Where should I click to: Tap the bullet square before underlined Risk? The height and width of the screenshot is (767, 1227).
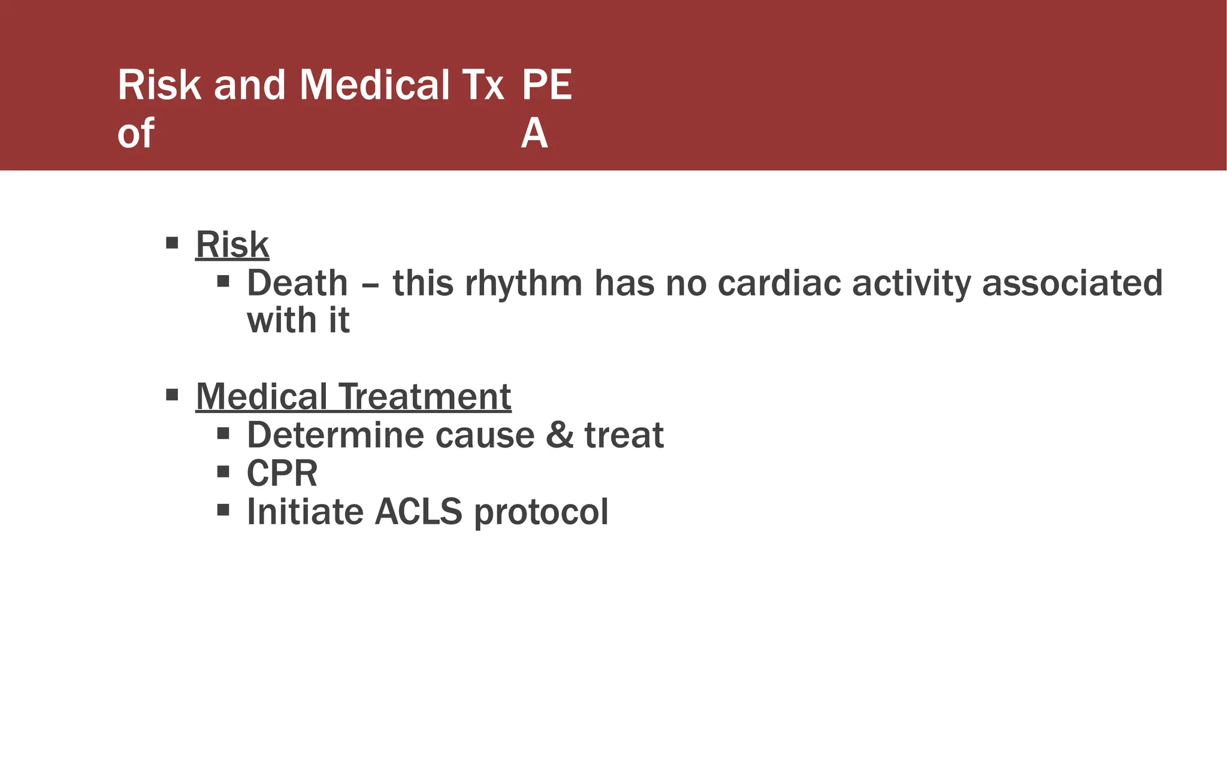coord(172,243)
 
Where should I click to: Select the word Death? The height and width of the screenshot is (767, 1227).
coord(297,283)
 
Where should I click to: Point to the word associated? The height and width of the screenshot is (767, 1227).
coord(1072,283)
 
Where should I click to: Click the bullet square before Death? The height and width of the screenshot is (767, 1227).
coord(223,281)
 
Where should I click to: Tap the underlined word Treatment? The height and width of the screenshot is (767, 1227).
coord(425,397)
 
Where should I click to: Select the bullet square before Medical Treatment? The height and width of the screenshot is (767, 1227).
coord(172,395)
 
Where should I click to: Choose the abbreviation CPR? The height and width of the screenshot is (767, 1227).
coord(282,473)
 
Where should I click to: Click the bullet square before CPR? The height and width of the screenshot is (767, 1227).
coord(223,472)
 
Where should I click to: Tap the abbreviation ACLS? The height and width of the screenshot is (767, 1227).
coord(418,512)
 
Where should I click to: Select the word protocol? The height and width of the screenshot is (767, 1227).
coord(541,513)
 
